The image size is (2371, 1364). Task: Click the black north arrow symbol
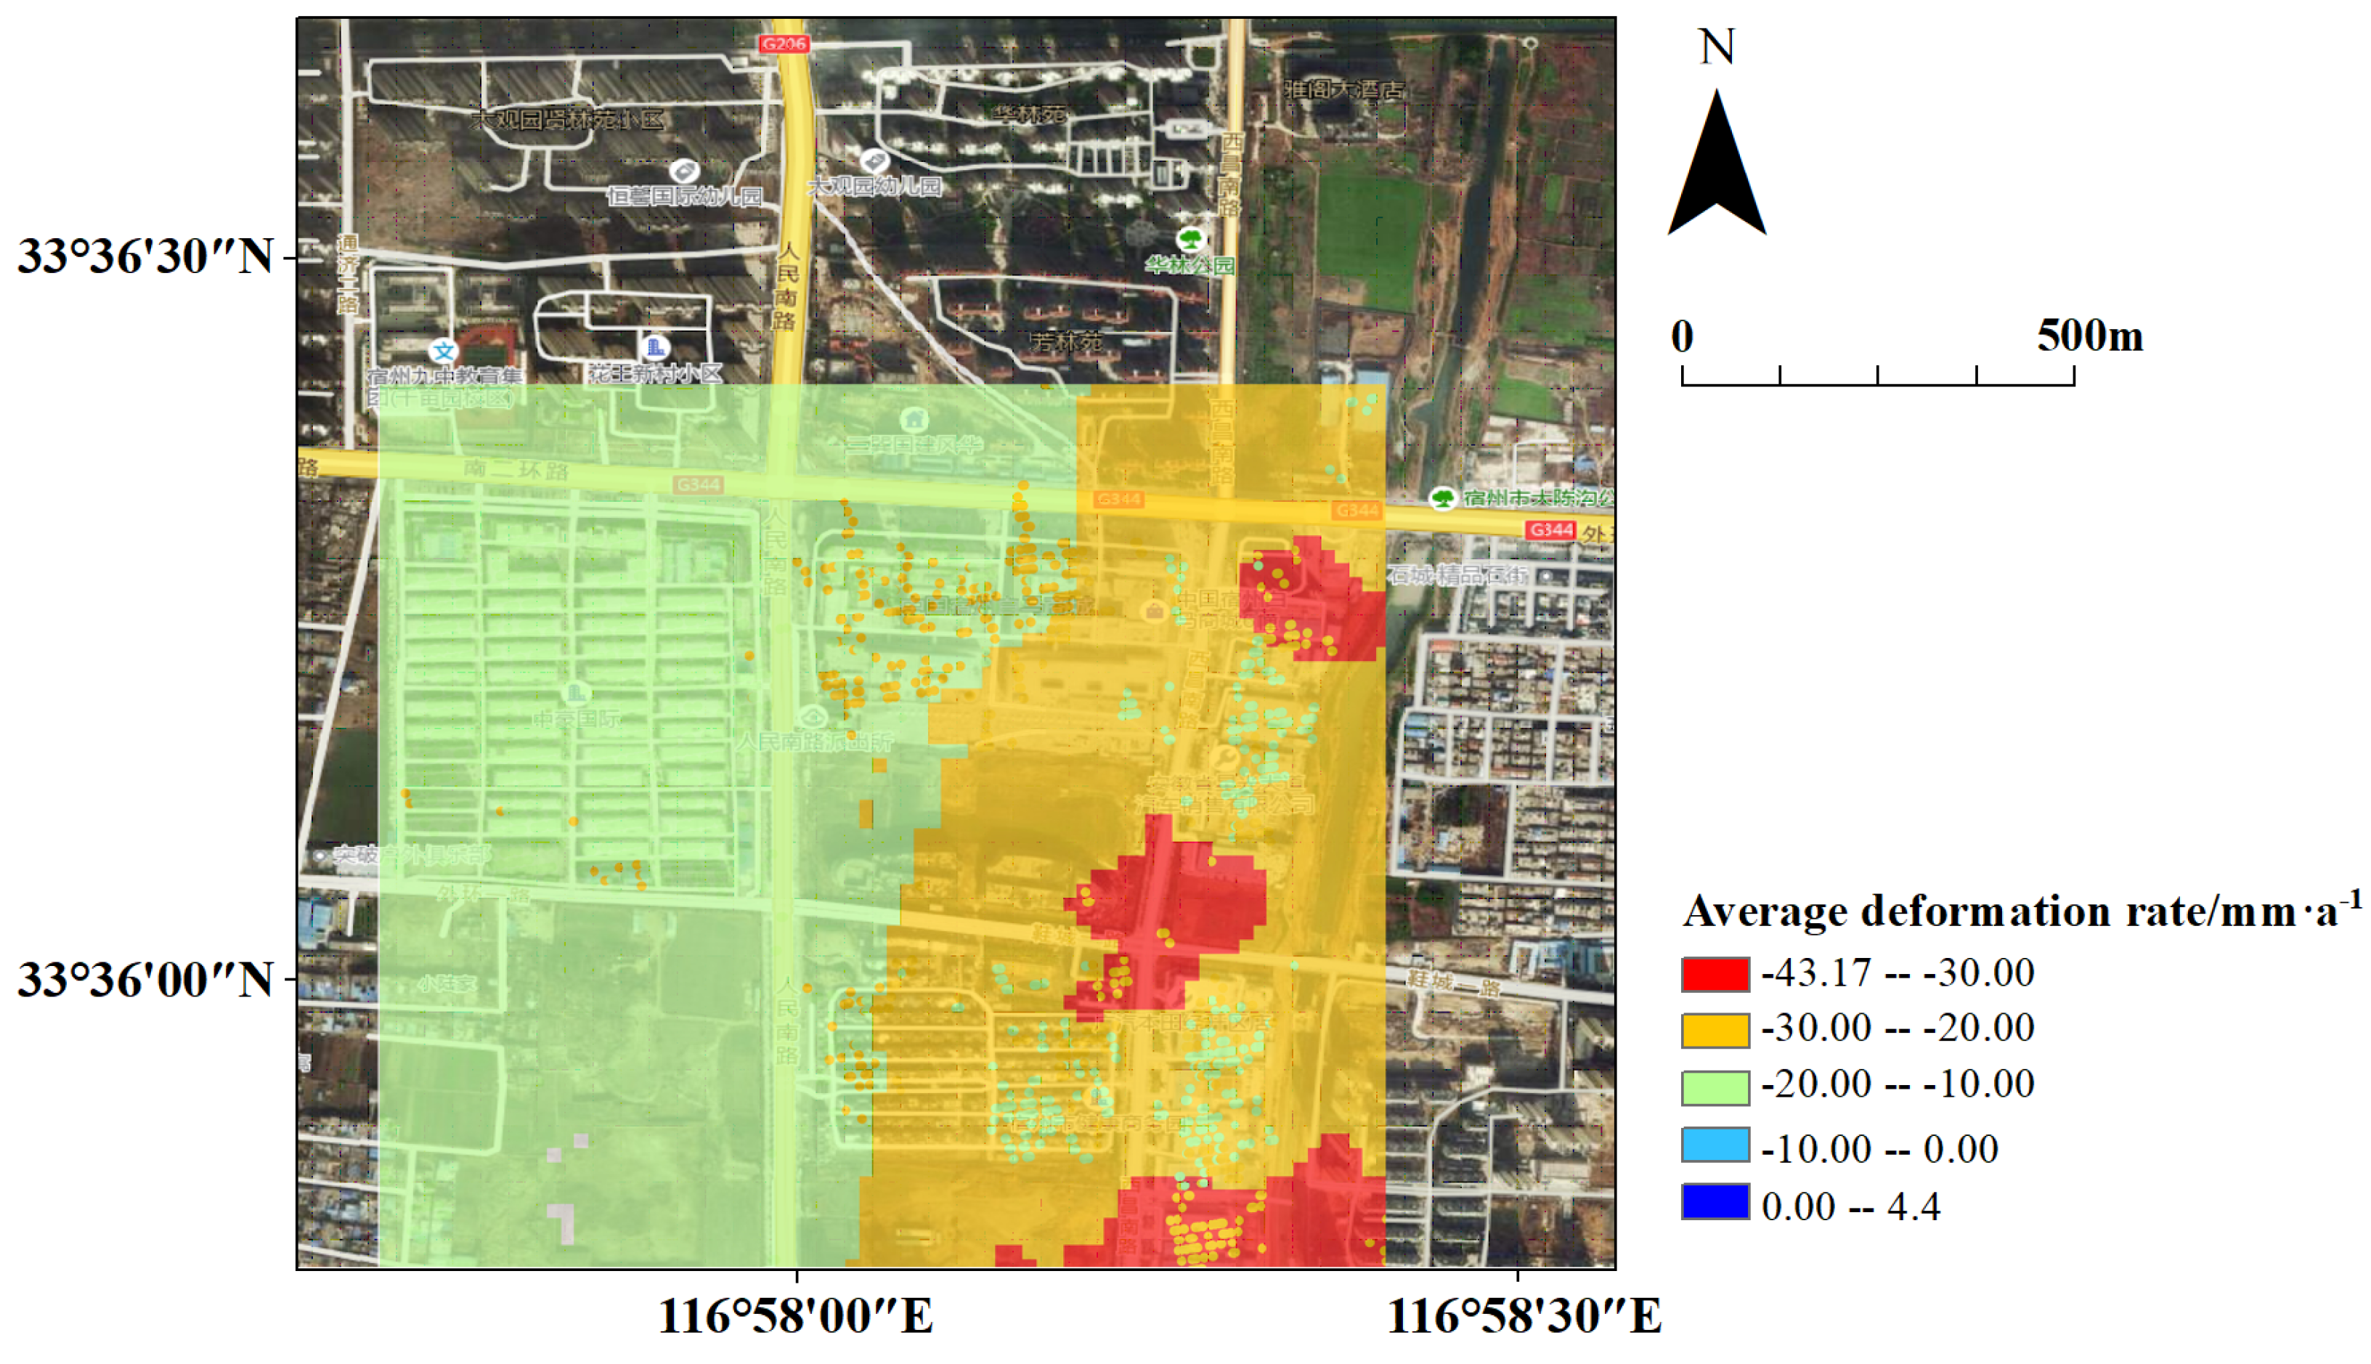click(1717, 169)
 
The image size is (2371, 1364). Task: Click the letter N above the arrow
click(1717, 46)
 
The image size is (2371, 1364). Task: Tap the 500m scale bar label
click(2089, 336)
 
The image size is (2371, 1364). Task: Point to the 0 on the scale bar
click(1682, 336)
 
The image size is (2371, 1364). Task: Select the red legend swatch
click(1715, 974)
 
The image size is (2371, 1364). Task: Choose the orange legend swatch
click(1715, 1031)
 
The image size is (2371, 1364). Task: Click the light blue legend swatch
click(1715, 1145)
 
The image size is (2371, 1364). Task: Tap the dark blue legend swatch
click(1715, 1202)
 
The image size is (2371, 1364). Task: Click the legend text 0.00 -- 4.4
click(1850, 1206)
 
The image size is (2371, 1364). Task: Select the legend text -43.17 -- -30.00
click(1898, 973)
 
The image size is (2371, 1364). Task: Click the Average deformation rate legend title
click(2021, 911)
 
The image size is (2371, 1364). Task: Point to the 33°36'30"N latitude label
click(145, 256)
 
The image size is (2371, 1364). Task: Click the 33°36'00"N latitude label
click(145, 980)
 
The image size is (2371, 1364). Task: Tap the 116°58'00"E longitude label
click(795, 1316)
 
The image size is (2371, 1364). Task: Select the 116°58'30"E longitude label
click(1524, 1316)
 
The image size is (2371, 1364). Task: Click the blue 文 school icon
click(443, 352)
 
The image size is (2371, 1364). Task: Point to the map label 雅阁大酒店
click(1345, 90)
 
